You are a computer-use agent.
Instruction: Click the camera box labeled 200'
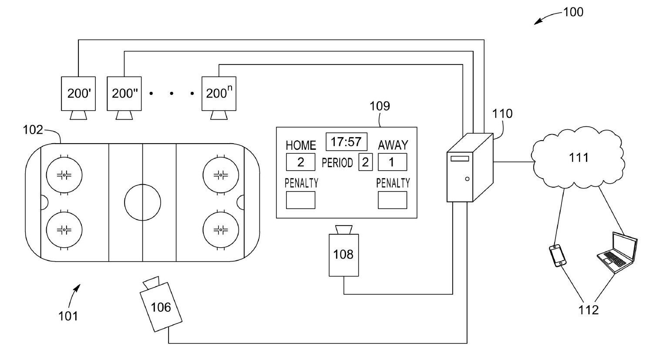[x=78, y=93]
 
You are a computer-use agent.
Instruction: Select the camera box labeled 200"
[x=125, y=93]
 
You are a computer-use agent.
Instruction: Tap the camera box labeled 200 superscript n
[x=219, y=93]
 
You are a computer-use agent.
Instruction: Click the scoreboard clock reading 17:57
[x=346, y=142]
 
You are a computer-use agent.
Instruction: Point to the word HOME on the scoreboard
[x=300, y=145]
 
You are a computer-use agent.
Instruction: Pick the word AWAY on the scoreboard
[x=393, y=145]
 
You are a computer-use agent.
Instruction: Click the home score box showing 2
[x=300, y=162]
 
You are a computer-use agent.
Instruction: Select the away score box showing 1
[x=392, y=162]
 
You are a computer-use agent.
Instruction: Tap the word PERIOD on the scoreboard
[x=337, y=163]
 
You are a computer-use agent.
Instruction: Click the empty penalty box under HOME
[x=300, y=200]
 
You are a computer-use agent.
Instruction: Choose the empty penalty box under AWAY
[x=392, y=200]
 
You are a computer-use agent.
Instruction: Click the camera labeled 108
[x=343, y=255]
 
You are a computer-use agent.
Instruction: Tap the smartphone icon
[x=558, y=256]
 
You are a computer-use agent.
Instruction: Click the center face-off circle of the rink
[x=142, y=202]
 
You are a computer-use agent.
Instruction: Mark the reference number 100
[x=573, y=12]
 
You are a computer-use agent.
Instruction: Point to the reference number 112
[x=589, y=310]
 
